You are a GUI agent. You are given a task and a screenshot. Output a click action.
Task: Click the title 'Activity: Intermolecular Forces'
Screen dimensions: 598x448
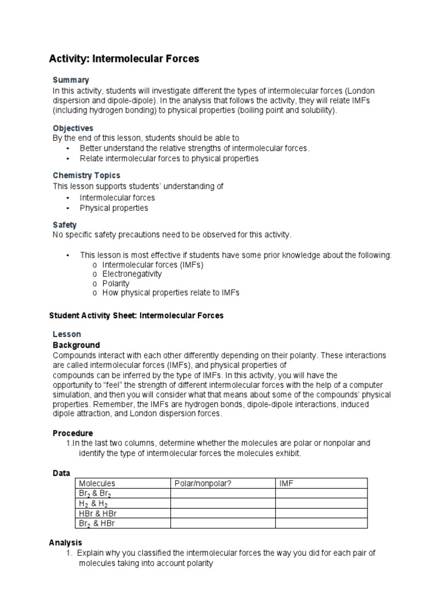pyautogui.click(x=123, y=59)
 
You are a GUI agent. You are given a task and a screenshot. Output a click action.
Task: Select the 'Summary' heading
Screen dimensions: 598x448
pyautogui.click(x=71, y=79)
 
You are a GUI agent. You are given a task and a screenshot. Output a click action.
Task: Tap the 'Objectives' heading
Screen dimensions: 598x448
pyautogui.click(x=73, y=128)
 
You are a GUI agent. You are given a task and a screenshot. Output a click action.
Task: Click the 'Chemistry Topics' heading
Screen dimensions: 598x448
pyautogui.click(x=86, y=175)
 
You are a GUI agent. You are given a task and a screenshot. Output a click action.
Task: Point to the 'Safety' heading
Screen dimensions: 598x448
pyautogui.click(x=65, y=224)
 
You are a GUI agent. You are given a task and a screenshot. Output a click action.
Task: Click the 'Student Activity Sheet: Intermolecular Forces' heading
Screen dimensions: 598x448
pyautogui.click(x=136, y=315)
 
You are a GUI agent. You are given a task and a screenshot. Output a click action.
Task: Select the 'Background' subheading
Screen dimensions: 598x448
pyautogui.click(x=76, y=345)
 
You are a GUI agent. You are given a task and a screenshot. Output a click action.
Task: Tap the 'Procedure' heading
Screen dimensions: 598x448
pyautogui.click(x=73, y=433)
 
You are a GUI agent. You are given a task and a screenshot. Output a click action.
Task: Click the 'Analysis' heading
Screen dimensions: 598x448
pyautogui.click(x=65, y=543)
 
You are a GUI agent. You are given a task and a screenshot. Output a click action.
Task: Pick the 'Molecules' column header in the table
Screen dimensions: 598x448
pyautogui.click(x=97, y=484)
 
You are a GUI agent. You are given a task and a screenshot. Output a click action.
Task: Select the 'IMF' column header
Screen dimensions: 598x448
pyautogui.click(x=286, y=484)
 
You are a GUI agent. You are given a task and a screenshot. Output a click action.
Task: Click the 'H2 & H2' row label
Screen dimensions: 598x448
pyautogui.click(x=93, y=503)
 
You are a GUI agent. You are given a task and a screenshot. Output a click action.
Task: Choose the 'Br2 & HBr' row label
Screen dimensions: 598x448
pyautogui.click(x=97, y=523)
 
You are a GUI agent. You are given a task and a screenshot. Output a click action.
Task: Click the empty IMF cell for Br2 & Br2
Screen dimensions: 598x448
pyautogui.click(x=321, y=493)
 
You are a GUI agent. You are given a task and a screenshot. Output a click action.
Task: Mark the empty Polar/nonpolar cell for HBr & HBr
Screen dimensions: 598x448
pyautogui.click(x=222, y=513)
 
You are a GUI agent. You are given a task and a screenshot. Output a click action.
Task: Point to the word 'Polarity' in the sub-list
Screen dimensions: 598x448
pyautogui.click(x=116, y=283)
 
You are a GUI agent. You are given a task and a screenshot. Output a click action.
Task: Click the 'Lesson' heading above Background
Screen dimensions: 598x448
pyautogui.click(x=67, y=335)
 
